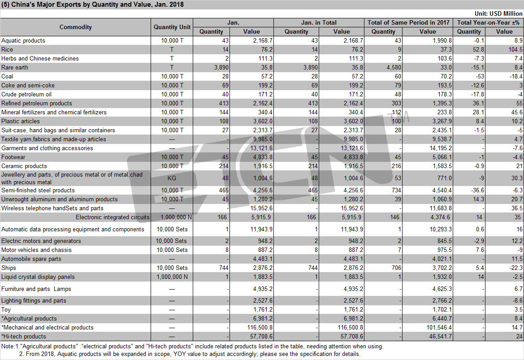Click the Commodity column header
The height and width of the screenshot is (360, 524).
[75, 27]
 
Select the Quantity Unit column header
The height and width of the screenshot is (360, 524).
[172, 27]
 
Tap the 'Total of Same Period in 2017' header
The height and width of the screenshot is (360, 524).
[408, 22]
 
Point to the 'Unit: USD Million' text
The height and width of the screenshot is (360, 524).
[498, 14]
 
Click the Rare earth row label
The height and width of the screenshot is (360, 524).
[15, 67]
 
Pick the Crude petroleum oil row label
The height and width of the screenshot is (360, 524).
[26, 94]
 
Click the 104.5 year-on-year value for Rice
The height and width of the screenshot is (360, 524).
[515, 49]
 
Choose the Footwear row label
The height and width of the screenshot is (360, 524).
[13, 157]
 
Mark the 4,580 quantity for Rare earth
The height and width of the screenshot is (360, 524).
[394, 67]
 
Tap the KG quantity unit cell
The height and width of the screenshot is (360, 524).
[172, 178]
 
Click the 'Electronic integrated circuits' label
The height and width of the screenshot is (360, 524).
[113, 217]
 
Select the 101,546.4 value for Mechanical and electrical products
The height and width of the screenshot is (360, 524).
[439, 328]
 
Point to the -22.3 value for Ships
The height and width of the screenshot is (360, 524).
[516, 268]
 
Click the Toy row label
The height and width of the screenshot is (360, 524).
[6, 310]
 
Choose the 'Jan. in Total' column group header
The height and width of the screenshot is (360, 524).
[318, 22]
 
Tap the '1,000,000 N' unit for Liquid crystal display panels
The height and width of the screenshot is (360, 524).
[172, 277]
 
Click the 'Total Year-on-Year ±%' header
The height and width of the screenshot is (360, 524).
[488, 22]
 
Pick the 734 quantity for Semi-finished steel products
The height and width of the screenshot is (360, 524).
[396, 190]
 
